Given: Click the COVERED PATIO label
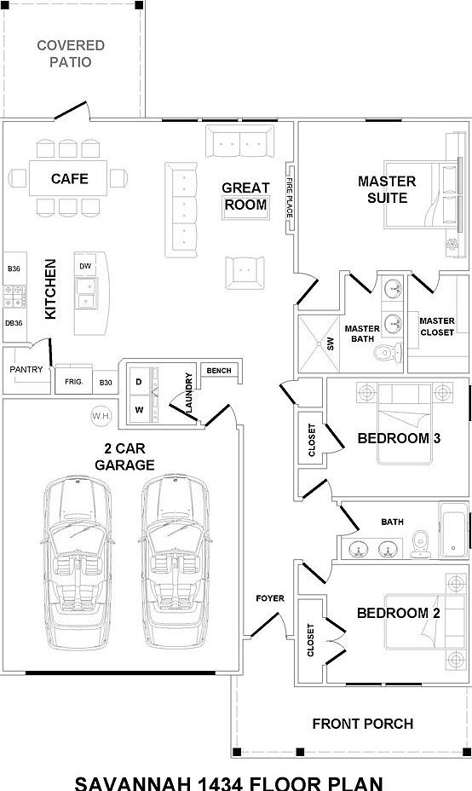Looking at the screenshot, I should tap(71, 53).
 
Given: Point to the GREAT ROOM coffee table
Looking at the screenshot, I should tap(245, 205).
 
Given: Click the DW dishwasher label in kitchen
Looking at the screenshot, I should tap(85, 267).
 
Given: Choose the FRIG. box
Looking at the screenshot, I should tap(72, 383).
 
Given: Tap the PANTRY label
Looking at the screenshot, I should tap(26, 370).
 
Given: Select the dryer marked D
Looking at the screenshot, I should tap(139, 383).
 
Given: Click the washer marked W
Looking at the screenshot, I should tap(139, 409).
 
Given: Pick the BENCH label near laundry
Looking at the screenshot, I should tap(219, 371).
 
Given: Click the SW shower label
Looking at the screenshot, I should tap(331, 344).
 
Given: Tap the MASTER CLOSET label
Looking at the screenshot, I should tap(437, 326).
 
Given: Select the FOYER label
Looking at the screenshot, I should tap(270, 598).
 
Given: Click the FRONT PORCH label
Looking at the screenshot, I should tap(363, 724).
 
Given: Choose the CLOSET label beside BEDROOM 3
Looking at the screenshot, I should tap(312, 439).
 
